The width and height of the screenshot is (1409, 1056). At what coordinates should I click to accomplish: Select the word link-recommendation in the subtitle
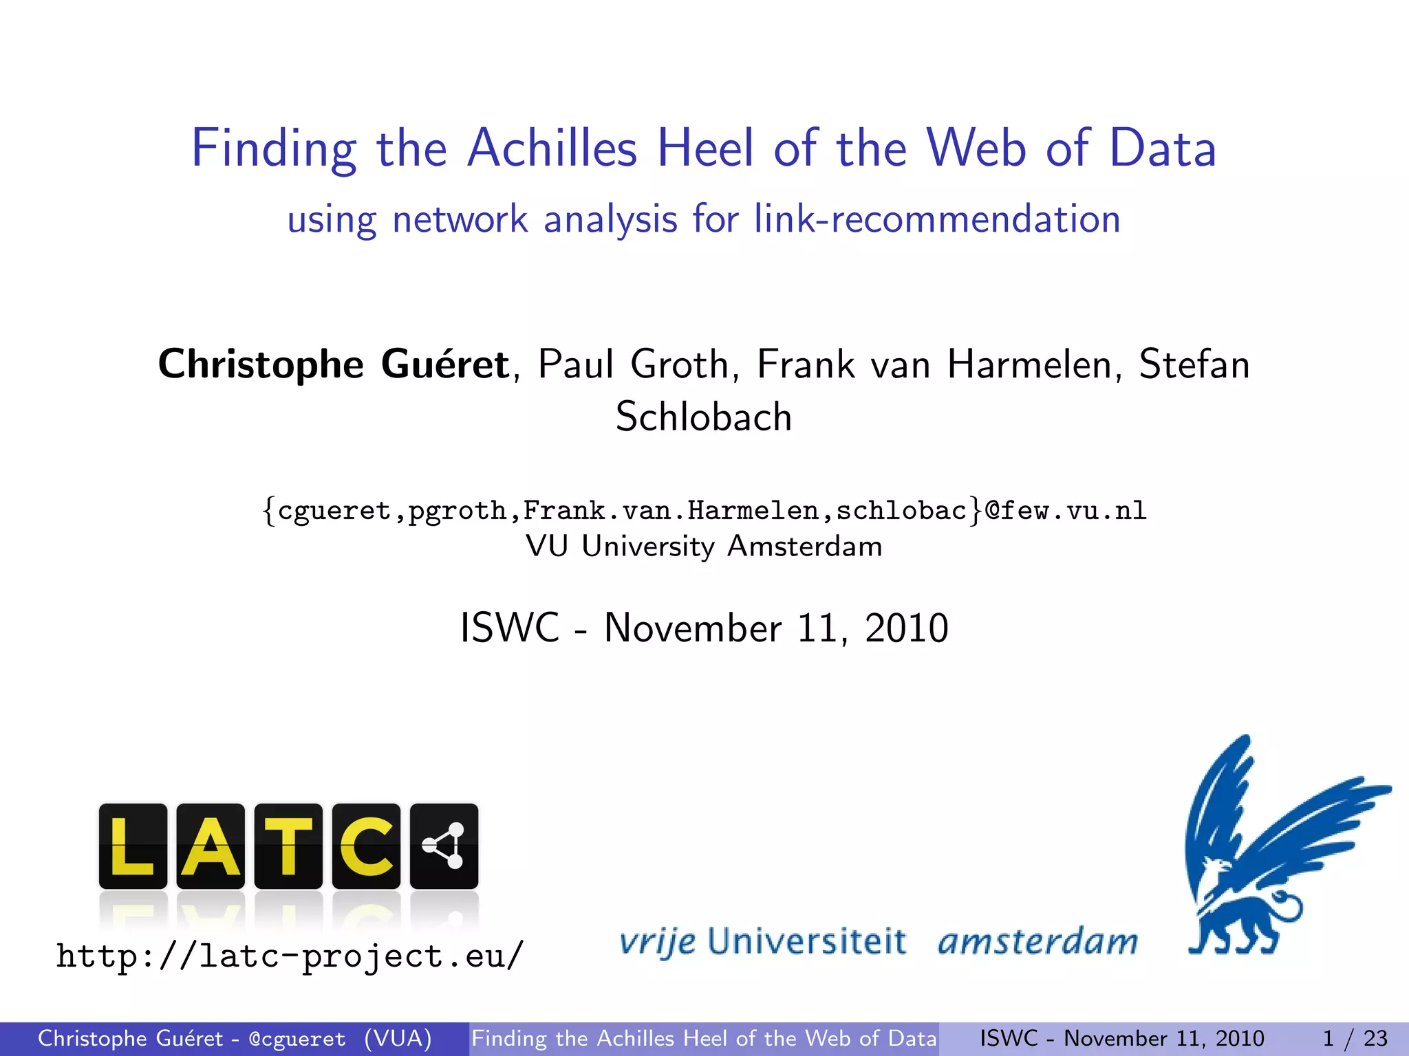tap(937, 219)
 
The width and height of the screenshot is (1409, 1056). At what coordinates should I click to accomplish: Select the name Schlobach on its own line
tap(704, 417)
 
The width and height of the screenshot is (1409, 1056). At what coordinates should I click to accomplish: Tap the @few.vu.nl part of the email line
tap(1066, 511)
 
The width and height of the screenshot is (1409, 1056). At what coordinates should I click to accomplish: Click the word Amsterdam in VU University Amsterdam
tap(804, 547)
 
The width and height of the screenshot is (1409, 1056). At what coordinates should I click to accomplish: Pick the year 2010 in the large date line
tap(906, 628)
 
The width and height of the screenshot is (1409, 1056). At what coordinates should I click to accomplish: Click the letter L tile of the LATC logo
tap(133, 846)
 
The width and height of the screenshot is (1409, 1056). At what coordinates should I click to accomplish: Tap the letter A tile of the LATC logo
tap(211, 846)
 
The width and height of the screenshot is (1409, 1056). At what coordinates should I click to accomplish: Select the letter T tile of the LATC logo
tap(288, 846)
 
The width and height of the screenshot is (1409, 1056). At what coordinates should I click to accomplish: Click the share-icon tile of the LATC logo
tap(444, 846)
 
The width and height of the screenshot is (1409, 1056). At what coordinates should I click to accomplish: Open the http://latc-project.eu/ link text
tap(290, 956)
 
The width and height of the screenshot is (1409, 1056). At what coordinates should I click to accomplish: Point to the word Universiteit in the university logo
tap(806, 941)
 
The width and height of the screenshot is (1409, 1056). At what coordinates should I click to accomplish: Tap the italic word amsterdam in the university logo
tap(1037, 941)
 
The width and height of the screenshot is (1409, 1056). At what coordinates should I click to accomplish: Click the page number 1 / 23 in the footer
tap(1355, 1038)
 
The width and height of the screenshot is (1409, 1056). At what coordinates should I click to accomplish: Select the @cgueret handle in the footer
tap(297, 1039)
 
